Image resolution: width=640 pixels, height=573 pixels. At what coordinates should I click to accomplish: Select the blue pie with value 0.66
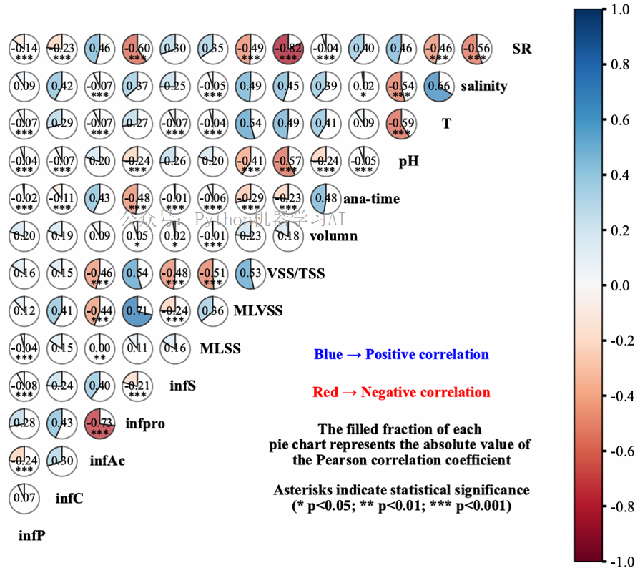(438, 86)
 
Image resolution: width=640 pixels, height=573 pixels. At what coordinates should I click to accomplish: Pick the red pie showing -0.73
(99, 423)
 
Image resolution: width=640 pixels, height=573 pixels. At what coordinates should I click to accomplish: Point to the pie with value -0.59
(400, 124)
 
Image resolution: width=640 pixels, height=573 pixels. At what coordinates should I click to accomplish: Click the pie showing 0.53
(250, 274)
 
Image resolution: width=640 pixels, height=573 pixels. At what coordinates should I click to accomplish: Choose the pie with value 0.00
(99, 348)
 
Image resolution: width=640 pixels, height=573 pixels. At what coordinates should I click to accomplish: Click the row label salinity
(484, 87)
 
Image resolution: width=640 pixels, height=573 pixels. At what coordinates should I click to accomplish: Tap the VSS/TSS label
(296, 274)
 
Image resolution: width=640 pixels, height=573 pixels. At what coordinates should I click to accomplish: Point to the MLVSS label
(258, 311)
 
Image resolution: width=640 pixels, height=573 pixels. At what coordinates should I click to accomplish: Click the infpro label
(145, 423)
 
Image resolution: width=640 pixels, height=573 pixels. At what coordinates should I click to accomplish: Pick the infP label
(32, 534)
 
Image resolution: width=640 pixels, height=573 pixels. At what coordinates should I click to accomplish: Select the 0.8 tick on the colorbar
(618, 64)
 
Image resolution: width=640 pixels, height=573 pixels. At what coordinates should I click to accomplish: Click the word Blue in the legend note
(328, 355)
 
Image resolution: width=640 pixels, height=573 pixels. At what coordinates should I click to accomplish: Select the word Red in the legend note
(325, 393)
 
